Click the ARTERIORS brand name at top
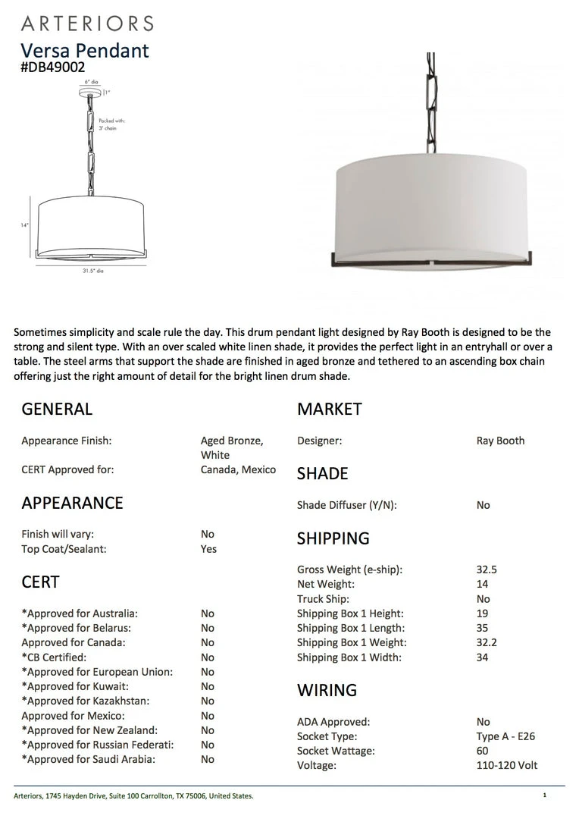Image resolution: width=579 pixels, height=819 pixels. click(x=87, y=24)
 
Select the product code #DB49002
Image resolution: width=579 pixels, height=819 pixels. click(x=53, y=67)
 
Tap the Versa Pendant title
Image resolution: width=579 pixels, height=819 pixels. click(x=85, y=50)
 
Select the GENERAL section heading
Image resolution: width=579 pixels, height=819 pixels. click(x=57, y=409)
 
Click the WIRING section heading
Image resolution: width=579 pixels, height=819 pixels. click(x=327, y=690)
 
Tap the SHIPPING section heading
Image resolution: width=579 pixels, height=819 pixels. click(x=333, y=538)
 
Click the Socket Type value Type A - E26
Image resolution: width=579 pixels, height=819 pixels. click(x=505, y=736)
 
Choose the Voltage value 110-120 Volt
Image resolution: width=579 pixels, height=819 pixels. click(x=506, y=765)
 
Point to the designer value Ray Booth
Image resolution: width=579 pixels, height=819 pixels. click(x=500, y=441)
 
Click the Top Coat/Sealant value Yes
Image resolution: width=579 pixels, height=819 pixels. click(x=208, y=549)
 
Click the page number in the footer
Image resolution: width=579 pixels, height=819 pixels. click(x=545, y=795)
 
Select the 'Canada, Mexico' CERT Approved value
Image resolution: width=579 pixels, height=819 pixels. click(x=238, y=469)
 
